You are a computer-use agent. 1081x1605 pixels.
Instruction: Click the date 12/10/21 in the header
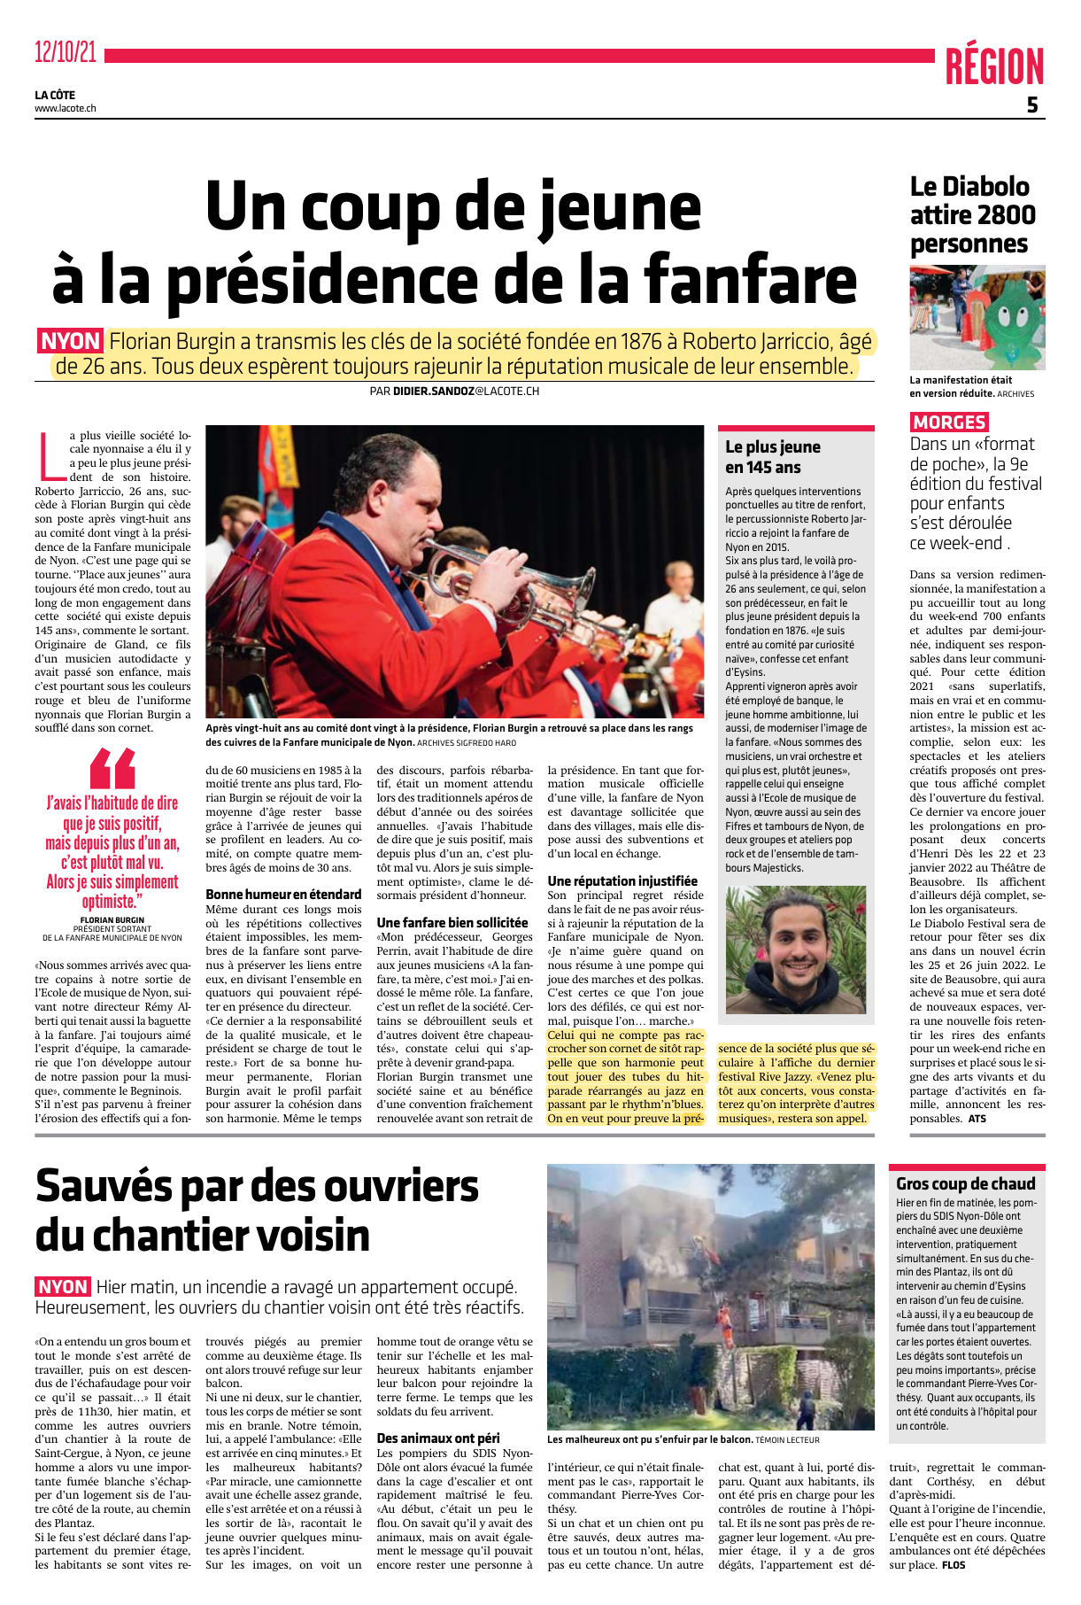pos(66,53)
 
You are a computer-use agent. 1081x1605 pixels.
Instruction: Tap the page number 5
pos(1032,105)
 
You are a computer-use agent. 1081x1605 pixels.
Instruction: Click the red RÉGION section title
pos(994,67)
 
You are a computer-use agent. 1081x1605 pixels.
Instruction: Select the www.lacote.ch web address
pos(66,109)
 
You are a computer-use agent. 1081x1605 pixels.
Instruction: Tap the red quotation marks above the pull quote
pos(112,767)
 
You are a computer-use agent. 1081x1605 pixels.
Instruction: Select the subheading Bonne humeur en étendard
pos(283,895)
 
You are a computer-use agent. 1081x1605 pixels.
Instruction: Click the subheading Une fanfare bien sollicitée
pos(452,923)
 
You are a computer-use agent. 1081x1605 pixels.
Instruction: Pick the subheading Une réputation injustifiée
pos(622,880)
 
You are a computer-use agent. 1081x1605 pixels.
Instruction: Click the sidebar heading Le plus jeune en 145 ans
pos(772,457)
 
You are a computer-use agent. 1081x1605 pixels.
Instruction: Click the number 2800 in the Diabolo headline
pos(1006,215)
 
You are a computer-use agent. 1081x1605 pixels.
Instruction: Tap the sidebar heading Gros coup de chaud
pos(965,1183)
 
